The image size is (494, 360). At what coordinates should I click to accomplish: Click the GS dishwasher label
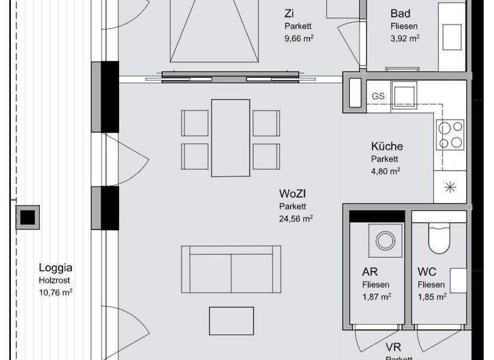tap(378, 96)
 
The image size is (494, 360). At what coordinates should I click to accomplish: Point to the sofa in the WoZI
tap(231, 269)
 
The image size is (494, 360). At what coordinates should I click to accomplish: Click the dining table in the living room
tap(230, 138)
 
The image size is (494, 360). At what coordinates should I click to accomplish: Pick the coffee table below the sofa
tap(232, 320)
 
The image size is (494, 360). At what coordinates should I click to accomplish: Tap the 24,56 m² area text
tap(296, 219)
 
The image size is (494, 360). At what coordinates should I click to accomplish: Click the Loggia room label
tap(55, 269)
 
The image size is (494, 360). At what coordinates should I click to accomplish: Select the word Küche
tap(387, 146)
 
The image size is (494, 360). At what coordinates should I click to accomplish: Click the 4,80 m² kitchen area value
tap(385, 171)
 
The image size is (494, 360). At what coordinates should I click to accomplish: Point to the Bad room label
tap(400, 14)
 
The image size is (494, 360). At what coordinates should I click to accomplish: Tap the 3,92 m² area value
tap(405, 38)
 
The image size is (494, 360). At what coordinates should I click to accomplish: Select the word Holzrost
tap(53, 280)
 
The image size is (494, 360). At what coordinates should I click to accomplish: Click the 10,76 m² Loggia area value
tap(55, 292)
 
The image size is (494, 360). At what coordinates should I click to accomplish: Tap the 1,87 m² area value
tap(376, 296)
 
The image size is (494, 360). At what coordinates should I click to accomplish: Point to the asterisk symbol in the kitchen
tap(450, 188)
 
